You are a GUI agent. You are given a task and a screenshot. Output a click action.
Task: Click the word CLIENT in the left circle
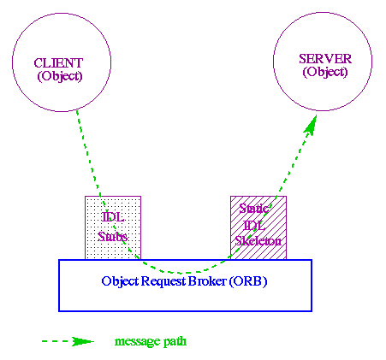pos(60,63)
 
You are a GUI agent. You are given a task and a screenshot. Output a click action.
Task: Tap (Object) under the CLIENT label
pos(60,76)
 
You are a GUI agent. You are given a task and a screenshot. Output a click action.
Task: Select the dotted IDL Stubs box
pos(112,227)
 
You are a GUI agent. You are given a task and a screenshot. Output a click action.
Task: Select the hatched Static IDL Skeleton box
pos(258,227)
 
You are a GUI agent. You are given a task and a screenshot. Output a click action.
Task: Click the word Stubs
pos(112,236)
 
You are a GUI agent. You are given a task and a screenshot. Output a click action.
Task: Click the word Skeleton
pos(258,243)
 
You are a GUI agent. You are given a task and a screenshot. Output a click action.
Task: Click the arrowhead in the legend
pos(82,342)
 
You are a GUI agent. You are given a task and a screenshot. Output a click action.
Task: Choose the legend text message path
pos(151,342)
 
